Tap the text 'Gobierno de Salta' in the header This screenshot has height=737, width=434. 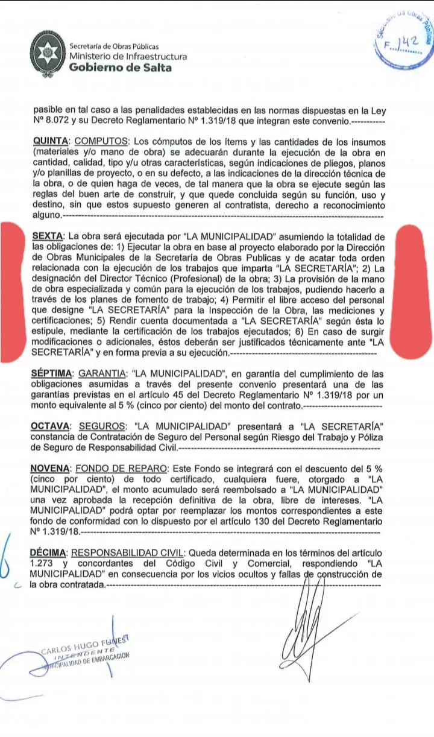(120, 68)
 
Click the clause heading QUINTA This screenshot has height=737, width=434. (51, 141)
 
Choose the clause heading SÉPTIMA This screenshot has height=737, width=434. (52, 374)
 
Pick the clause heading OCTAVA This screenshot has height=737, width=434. (51, 426)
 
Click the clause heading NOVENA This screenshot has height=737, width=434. (50, 469)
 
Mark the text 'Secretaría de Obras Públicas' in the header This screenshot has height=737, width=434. (114, 46)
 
